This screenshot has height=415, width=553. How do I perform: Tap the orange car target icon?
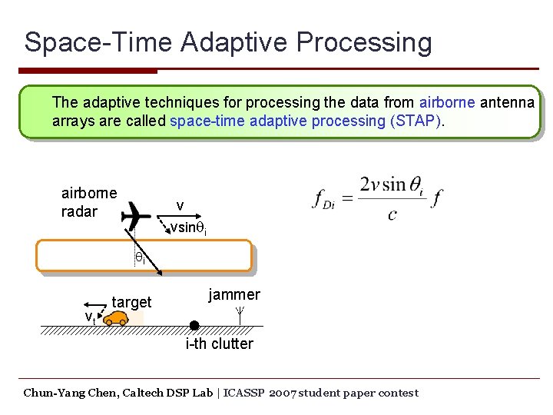click(117, 318)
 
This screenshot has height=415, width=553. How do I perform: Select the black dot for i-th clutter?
click(194, 325)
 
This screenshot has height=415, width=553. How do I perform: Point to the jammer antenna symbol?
click(240, 314)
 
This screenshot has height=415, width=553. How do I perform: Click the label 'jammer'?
click(234, 294)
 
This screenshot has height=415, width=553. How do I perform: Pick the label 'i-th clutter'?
click(219, 344)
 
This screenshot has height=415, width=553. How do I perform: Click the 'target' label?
click(132, 302)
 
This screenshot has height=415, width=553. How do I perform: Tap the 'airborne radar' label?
click(89, 202)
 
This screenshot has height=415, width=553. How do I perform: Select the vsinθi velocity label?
click(189, 228)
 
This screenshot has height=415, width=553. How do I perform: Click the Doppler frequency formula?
click(378, 197)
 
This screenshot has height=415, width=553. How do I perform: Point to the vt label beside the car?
click(90, 317)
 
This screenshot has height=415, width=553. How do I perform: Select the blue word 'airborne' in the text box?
click(447, 102)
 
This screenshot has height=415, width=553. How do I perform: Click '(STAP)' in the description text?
click(417, 121)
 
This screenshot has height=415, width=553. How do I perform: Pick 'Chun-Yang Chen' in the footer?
click(68, 393)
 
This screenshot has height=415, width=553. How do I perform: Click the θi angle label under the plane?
click(141, 258)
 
